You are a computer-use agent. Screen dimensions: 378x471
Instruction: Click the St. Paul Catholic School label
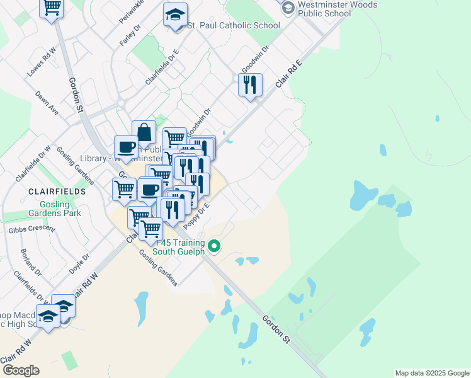click(233, 26)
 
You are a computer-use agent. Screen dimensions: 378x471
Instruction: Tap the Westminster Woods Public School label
click(338, 9)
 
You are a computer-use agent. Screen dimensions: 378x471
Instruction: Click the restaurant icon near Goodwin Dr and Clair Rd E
click(250, 84)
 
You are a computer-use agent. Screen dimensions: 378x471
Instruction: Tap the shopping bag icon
click(144, 132)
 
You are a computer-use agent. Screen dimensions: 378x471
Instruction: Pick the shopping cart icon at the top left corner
click(52, 8)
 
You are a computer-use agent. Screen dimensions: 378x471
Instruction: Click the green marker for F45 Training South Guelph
click(214, 246)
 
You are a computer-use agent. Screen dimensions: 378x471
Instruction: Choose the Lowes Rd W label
click(42, 62)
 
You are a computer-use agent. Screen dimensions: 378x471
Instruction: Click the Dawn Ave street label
click(47, 103)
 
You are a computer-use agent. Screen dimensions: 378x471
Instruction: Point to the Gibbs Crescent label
click(31, 229)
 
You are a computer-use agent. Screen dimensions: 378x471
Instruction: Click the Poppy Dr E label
click(196, 216)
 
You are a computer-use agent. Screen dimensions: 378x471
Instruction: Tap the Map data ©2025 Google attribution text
click(431, 373)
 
